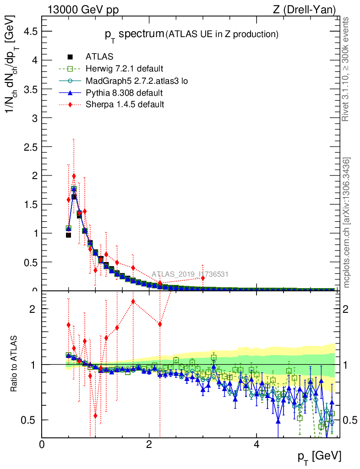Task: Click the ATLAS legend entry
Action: click(100, 57)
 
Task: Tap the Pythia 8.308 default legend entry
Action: click(124, 93)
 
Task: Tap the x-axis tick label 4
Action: click(256, 444)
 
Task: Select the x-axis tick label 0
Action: click(42, 444)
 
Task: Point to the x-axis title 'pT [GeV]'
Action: click(319, 456)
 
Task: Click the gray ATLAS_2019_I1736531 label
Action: click(190, 274)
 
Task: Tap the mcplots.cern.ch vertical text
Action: click(347, 223)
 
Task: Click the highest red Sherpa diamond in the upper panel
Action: click(74, 176)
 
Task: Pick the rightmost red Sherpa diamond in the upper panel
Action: click(202, 278)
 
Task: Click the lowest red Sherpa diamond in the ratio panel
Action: click(95, 415)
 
